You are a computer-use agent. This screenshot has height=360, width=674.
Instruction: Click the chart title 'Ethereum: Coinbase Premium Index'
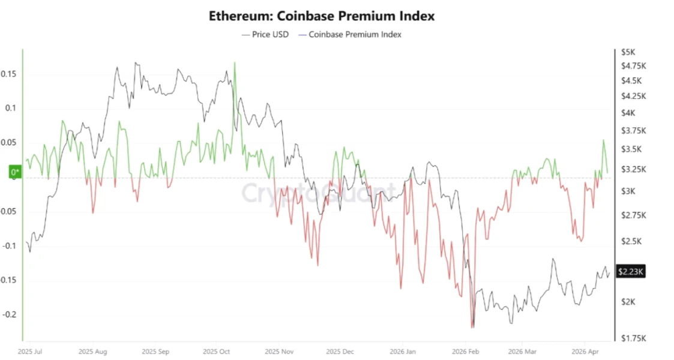[x=321, y=16]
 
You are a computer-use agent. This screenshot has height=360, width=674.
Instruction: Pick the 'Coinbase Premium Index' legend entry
[x=355, y=34]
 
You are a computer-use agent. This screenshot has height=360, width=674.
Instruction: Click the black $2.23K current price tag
[x=631, y=272]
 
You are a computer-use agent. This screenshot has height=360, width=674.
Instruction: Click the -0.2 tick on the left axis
[x=9, y=314]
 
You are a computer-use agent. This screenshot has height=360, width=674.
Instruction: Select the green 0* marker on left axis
[x=16, y=173]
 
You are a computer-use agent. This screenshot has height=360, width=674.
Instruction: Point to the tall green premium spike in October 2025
[x=235, y=64]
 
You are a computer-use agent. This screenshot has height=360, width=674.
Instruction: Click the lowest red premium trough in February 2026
[x=472, y=326]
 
